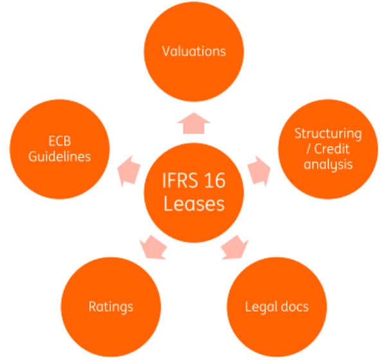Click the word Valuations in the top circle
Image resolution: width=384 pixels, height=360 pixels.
coord(194,51)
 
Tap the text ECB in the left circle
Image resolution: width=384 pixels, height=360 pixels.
coord(60,141)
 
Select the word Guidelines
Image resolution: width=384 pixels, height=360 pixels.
coord(60,157)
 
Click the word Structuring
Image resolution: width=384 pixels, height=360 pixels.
coord(328,134)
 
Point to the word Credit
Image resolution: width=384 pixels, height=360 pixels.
coord(332,148)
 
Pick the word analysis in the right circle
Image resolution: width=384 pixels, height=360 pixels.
coord(328,165)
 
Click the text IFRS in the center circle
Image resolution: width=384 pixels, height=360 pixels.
coord(180,181)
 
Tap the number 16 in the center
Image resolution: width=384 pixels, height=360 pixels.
coord(215,181)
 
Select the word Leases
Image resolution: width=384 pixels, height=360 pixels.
coord(194,204)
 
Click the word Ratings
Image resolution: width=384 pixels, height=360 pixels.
coord(111,307)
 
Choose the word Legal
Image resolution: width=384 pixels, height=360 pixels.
coord(261,307)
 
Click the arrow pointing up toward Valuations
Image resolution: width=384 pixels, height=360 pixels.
coord(194,123)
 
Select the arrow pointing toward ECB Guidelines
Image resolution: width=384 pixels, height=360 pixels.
coord(129,171)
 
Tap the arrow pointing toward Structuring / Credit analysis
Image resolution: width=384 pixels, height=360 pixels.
coord(259,171)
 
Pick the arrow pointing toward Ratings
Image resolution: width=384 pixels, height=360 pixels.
coord(153,248)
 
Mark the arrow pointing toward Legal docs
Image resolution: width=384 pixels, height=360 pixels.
coord(235,248)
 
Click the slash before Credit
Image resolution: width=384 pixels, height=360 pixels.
coord(309,149)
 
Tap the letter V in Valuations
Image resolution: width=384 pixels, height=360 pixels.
coord(166,51)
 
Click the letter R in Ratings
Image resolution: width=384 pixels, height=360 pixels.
coord(93,307)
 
